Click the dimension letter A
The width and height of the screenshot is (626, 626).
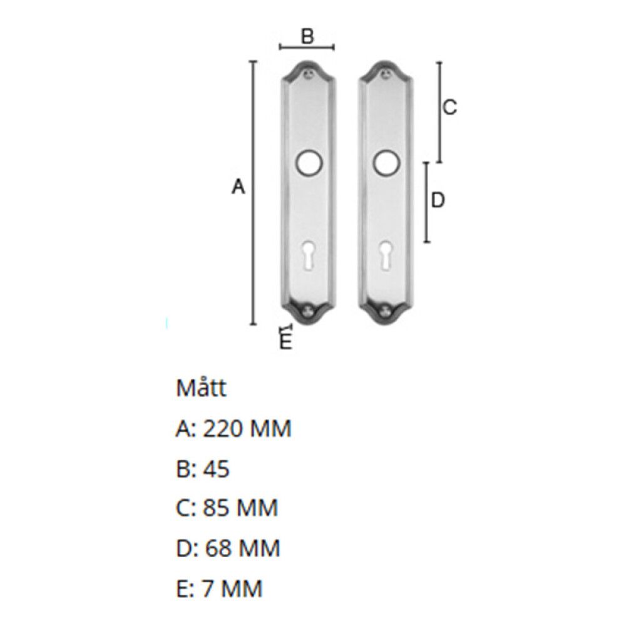239,187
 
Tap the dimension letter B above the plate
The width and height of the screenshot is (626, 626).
307,36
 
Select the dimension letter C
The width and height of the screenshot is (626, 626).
450,108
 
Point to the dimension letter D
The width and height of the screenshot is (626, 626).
438,200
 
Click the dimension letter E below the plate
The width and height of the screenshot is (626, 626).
285,342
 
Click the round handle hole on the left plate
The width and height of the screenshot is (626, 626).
308,163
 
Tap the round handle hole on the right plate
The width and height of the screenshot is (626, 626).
386,163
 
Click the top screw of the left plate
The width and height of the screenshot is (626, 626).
308,74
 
